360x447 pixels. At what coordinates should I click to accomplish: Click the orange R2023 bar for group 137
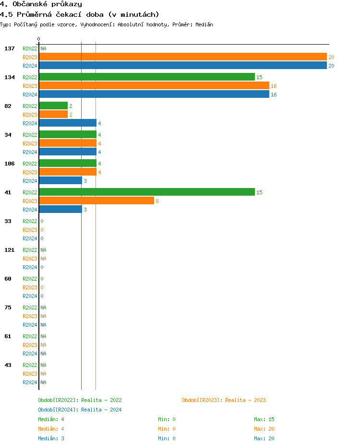182,57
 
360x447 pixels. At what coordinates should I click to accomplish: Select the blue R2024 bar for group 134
154,94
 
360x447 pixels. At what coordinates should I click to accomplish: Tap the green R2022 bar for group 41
146,192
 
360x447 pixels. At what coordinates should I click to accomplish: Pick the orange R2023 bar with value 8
96,201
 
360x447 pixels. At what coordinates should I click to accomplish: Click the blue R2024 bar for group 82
67,123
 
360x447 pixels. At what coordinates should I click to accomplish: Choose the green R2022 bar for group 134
146,77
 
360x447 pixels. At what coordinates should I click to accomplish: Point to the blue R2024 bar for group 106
60,181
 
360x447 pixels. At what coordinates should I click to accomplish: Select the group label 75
8,307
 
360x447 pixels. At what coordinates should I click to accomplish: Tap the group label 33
8,221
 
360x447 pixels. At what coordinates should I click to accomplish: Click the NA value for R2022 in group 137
43,48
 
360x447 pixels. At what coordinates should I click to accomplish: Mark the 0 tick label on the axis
39,39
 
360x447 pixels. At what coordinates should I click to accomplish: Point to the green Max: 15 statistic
264,419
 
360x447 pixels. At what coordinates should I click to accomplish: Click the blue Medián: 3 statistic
51,438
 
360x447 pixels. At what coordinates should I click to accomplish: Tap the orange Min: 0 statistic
167,429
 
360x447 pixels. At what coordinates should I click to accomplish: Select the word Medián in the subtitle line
204,24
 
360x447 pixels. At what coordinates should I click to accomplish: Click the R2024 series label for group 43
30,382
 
